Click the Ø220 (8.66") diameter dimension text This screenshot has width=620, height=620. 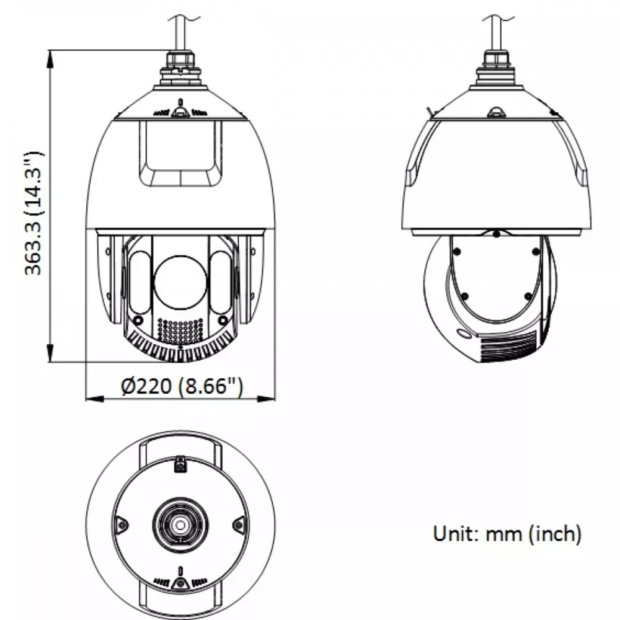pyautogui.click(x=182, y=385)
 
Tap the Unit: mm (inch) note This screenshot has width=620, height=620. pyautogui.click(x=507, y=534)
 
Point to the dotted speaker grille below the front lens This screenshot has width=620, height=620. pyautogui.click(x=180, y=330)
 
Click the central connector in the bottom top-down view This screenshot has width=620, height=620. pyautogui.click(x=180, y=525)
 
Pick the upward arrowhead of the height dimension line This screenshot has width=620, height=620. pyautogui.click(x=50, y=60)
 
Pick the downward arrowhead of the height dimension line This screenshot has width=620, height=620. pyautogui.click(x=50, y=353)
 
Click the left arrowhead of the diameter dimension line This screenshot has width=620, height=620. pyautogui.click(x=95, y=399)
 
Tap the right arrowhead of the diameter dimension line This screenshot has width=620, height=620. pyautogui.click(x=266, y=399)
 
